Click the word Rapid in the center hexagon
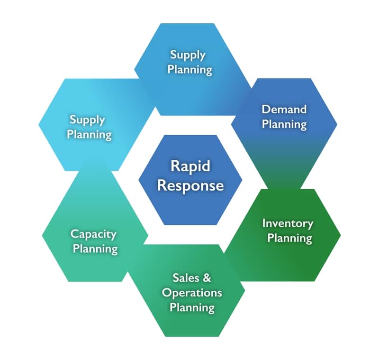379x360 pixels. click(190, 167)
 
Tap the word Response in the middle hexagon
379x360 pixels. click(190, 185)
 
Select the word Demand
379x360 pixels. click(284, 109)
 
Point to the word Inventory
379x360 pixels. click(288, 222)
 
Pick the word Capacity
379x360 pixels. click(93, 233)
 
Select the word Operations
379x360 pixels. click(192, 292)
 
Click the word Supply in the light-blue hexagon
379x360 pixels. click(87, 119)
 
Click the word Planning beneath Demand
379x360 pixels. click(284, 124)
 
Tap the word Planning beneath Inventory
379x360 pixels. click(289, 237)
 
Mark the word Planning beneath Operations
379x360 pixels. click(192, 307)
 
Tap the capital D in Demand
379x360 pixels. click(265, 109)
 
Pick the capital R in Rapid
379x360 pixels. click(174, 167)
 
